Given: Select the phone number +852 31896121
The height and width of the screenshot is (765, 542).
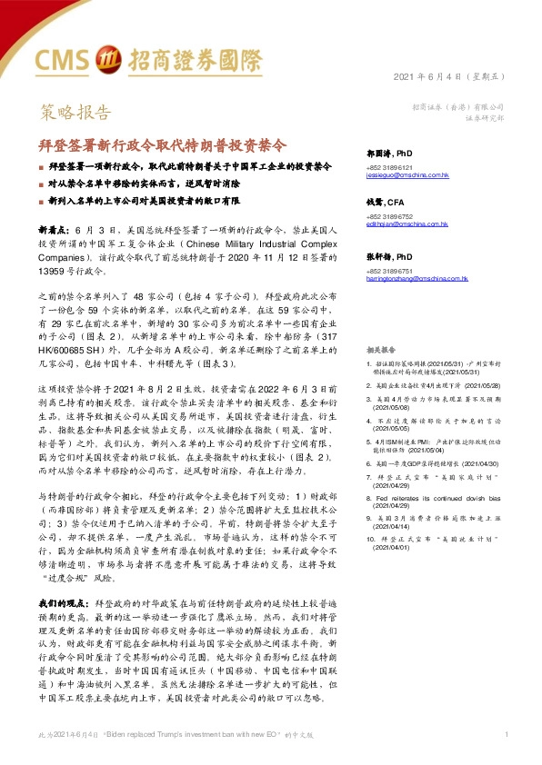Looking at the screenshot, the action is (389, 167).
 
